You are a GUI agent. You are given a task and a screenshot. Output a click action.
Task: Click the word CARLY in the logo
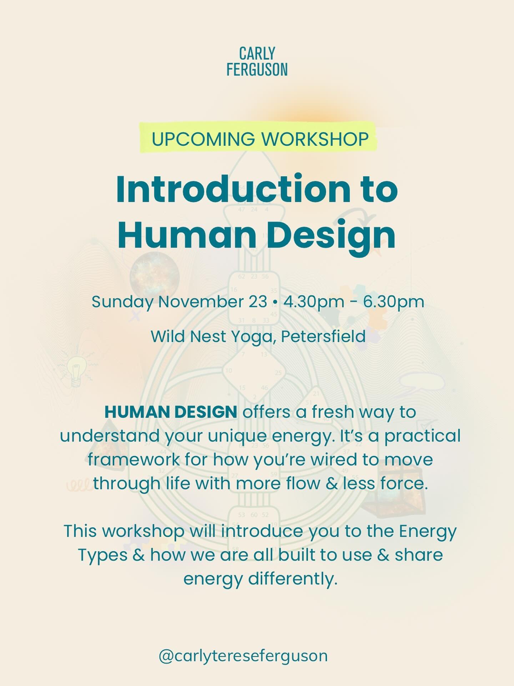click(257, 54)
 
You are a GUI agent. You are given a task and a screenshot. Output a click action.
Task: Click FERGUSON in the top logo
click(257, 69)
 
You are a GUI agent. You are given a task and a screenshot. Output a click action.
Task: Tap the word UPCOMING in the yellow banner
click(203, 139)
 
